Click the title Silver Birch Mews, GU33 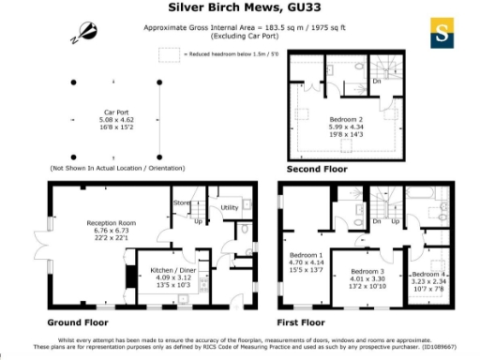coord(239,8)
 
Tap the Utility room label coord(230,207)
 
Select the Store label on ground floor coord(182,202)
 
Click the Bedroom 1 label coord(306,255)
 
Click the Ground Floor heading coord(75,321)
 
